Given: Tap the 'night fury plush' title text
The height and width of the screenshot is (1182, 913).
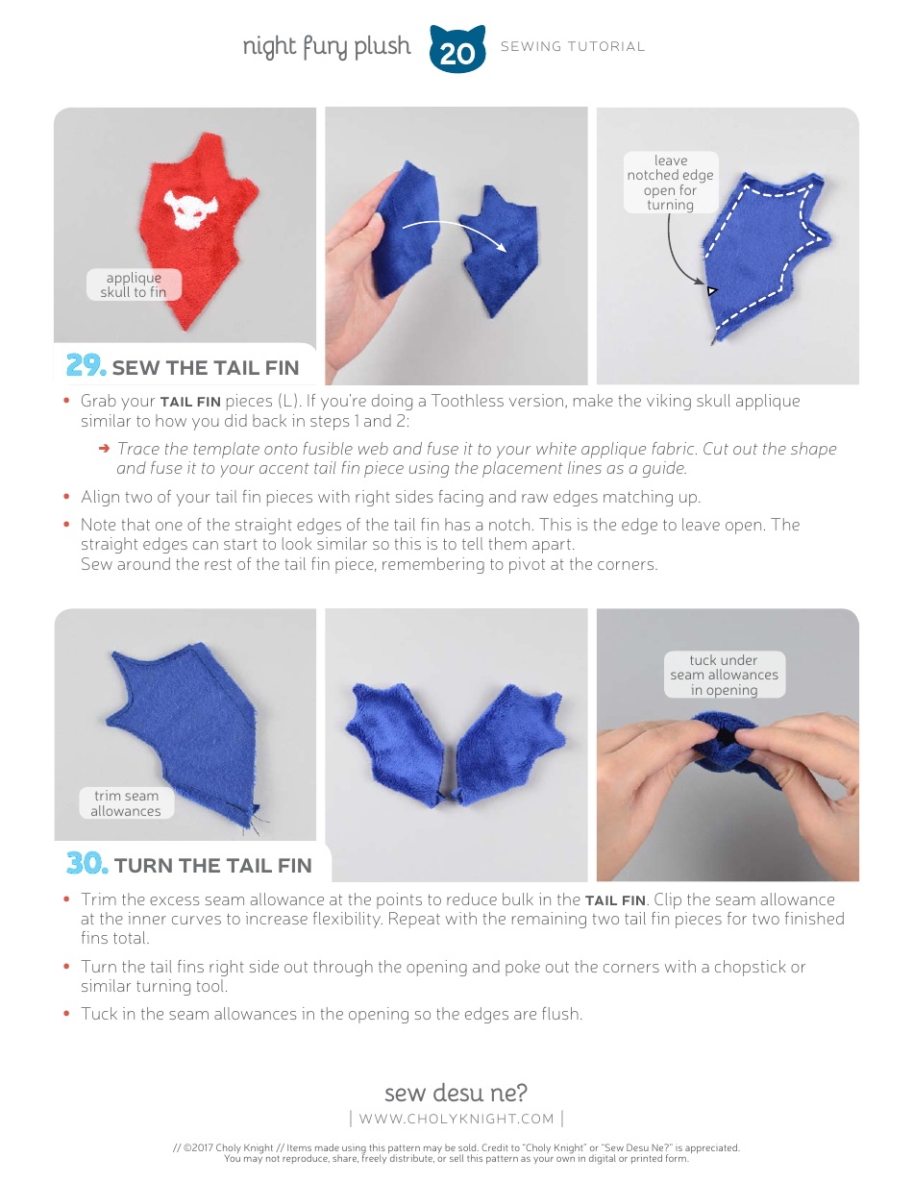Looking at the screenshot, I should (326, 46).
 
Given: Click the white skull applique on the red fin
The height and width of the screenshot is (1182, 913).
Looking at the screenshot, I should (191, 209).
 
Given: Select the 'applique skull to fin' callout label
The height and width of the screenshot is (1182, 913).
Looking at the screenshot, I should (134, 285).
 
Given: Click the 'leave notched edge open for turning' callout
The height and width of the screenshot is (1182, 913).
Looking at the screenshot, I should (670, 183).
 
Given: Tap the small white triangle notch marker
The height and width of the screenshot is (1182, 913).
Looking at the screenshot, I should (711, 289).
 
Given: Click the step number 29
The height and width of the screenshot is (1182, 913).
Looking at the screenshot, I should (86, 366).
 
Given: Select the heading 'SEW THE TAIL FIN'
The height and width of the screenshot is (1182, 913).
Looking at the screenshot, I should (206, 368).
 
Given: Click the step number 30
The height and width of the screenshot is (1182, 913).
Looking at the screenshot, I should (86, 864).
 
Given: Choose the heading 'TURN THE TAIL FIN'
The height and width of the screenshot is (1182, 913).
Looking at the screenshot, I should (212, 866).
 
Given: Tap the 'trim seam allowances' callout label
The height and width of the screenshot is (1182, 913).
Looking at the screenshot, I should (126, 803).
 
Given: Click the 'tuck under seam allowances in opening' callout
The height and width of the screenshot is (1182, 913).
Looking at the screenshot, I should (724, 675).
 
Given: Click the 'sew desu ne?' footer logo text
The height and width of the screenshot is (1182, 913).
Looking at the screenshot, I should (456, 1093).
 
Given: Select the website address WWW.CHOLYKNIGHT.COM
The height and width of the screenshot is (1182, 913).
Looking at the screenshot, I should (456, 1119).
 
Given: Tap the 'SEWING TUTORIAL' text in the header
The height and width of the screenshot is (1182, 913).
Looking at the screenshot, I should (573, 47).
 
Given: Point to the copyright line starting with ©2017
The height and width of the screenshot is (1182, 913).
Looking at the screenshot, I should (456, 1147).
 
